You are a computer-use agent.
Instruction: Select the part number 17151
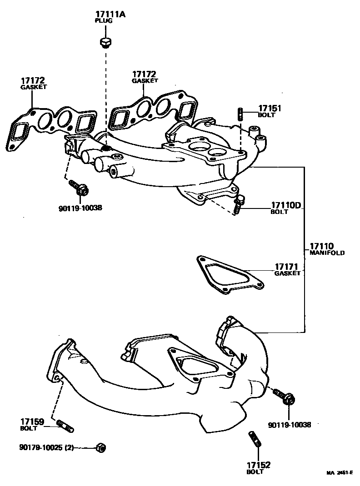tap(270, 109)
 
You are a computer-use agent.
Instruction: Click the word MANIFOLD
tap(327, 253)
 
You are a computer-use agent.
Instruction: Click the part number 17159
tap(32, 422)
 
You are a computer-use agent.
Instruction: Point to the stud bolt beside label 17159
tap(65, 426)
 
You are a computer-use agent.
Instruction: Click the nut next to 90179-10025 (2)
tap(101, 448)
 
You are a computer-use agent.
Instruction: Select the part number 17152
tap(259, 465)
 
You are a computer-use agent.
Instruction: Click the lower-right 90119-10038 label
tap(290, 425)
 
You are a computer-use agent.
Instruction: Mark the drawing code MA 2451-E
tap(339, 473)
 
